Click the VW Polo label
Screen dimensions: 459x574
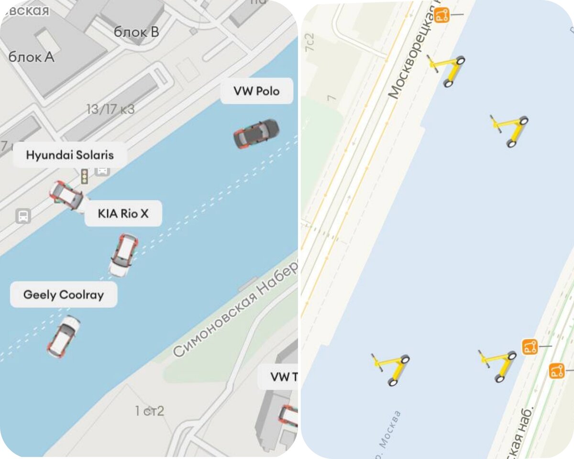tap(256, 91)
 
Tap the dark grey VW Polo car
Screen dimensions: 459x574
tap(256, 133)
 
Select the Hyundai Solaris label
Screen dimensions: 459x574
tap(70, 155)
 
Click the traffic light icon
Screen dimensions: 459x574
tap(84, 176)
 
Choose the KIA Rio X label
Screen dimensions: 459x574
tap(123, 213)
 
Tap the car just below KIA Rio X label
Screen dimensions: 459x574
tap(123, 254)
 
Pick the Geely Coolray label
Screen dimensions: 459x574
tap(64, 295)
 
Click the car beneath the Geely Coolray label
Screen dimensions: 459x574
tap(63, 336)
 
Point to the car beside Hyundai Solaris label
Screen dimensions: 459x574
tap(66, 195)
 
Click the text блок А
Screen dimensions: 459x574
tap(32, 57)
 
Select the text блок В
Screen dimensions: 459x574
tap(136, 32)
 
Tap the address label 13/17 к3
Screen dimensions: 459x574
tap(110, 109)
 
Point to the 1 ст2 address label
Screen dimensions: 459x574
tap(149, 411)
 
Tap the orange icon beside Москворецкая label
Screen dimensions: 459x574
tap(442, 15)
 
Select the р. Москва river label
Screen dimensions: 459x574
tap(386, 433)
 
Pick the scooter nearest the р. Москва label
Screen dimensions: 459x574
tap(391, 369)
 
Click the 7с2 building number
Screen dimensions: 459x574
tap(310, 43)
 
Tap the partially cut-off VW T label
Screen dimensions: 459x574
tap(282, 377)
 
